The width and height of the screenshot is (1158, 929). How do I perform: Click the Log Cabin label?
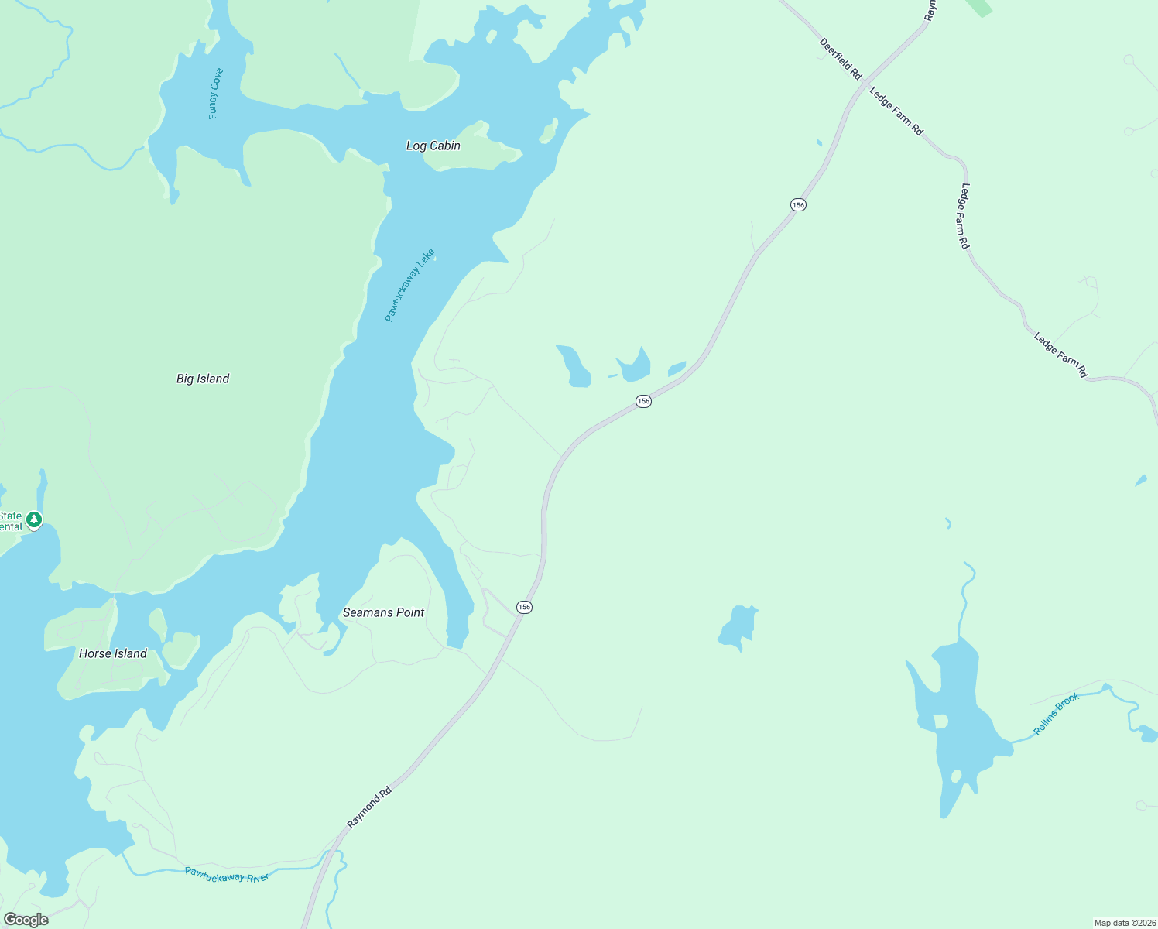pos(433,146)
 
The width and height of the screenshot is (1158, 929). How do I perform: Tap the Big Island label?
pos(203,379)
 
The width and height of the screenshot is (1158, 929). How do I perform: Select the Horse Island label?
pos(113,653)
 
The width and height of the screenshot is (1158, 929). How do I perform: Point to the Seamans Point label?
pos(383,612)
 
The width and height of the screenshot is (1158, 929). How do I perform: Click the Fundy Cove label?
pos(216,94)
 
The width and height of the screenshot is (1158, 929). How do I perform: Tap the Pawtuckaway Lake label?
pos(410,285)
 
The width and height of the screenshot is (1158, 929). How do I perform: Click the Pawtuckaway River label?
pos(227,876)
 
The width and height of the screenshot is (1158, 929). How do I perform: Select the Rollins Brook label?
pos(1056,714)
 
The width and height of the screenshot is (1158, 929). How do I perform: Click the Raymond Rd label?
pos(369,809)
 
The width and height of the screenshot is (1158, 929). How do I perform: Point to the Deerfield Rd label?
pos(841,59)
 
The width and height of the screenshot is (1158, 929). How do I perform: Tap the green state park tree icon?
pos(33,519)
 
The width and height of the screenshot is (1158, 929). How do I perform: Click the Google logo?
pos(26,920)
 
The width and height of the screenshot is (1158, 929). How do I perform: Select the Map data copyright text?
pos(1125,923)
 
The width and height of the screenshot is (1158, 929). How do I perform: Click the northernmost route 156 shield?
pos(798,204)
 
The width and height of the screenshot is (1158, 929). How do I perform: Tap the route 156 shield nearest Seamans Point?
pos(524,607)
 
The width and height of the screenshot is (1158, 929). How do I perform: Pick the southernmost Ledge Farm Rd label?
pos(1061,355)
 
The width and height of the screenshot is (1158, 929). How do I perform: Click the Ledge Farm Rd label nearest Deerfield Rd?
pos(896,111)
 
